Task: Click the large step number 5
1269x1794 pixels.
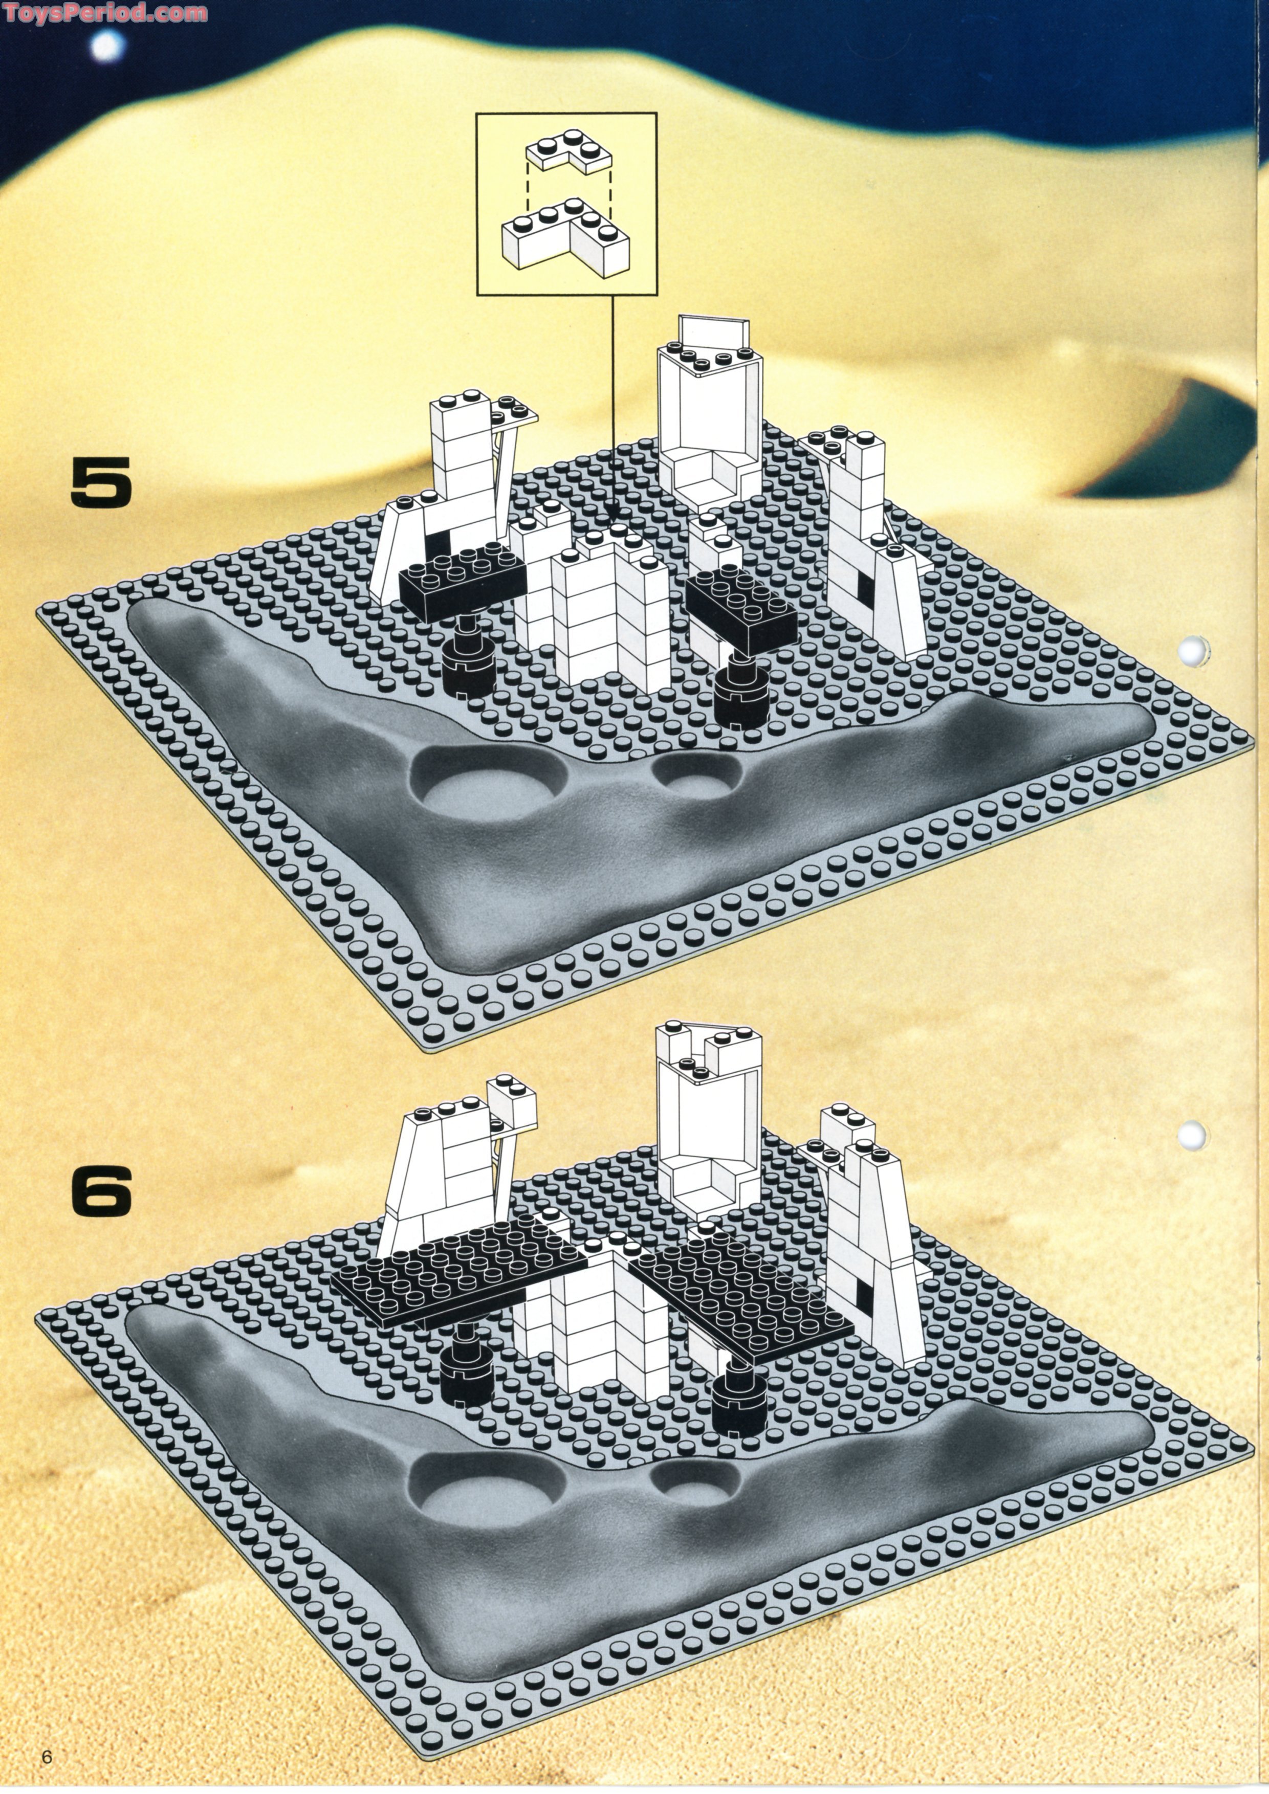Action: [x=102, y=482]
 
